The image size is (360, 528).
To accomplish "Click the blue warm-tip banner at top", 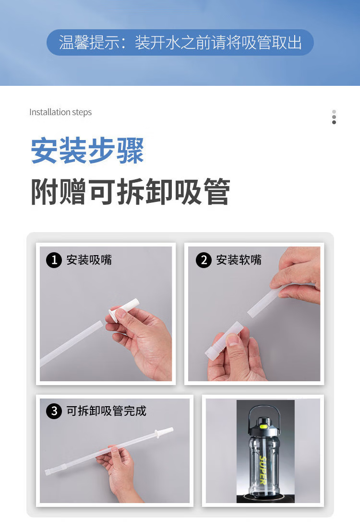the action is [x=180, y=42].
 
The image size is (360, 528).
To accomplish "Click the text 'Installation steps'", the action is [x=60, y=112].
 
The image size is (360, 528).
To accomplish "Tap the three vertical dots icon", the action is [x=334, y=117].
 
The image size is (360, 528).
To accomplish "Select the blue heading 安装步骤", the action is [x=87, y=151].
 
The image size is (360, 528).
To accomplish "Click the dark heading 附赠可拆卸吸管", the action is [x=131, y=192].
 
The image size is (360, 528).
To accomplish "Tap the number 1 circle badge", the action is [x=54, y=260].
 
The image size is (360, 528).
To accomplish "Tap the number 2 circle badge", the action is [x=204, y=260].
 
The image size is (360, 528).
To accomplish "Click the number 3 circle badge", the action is [x=54, y=411].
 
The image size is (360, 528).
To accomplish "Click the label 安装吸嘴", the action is [x=89, y=260].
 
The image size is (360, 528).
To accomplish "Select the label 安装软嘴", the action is [x=239, y=260].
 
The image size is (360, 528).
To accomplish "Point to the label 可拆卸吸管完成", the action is [x=106, y=411].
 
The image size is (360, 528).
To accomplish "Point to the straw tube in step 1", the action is [x=72, y=343].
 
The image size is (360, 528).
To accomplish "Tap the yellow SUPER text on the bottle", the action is [x=263, y=470].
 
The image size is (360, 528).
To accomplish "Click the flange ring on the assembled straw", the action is [x=157, y=434].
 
